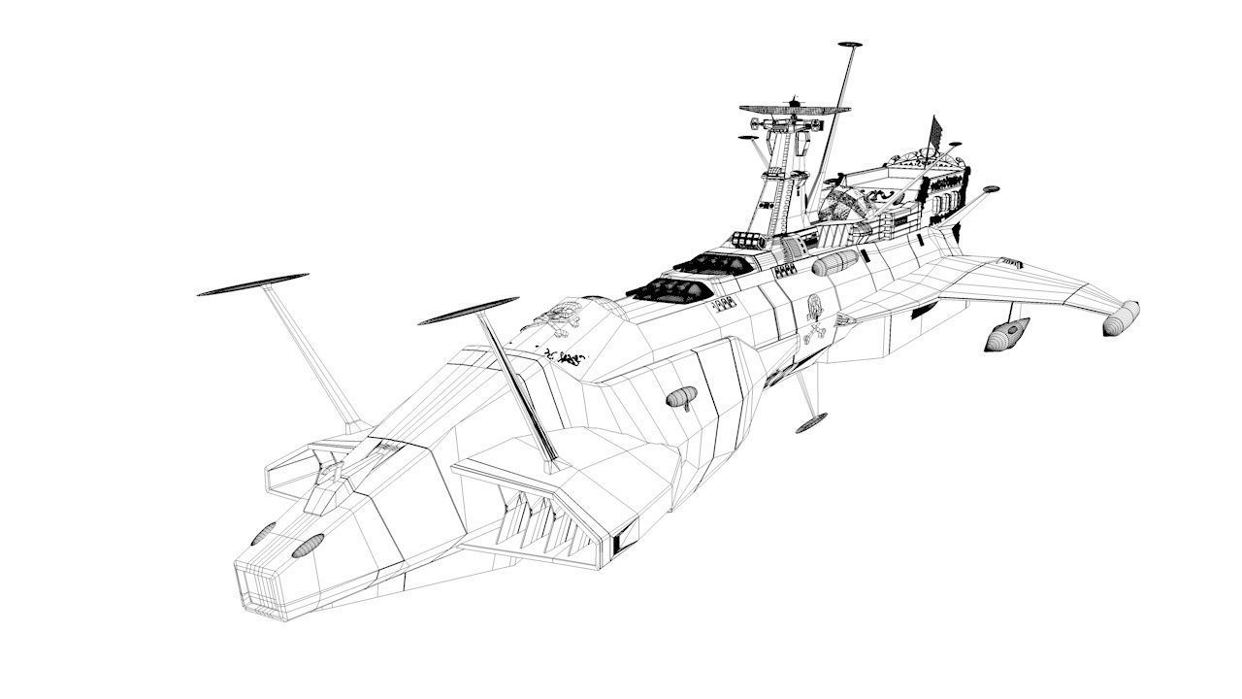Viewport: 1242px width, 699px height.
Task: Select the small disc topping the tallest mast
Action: [x=849, y=45]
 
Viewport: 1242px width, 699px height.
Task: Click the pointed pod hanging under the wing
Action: [x=1007, y=334]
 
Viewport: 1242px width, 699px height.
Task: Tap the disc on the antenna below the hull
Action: [x=810, y=422]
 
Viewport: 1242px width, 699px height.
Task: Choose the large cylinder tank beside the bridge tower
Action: [x=834, y=262]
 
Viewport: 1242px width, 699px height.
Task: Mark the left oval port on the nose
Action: [x=263, y=533]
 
